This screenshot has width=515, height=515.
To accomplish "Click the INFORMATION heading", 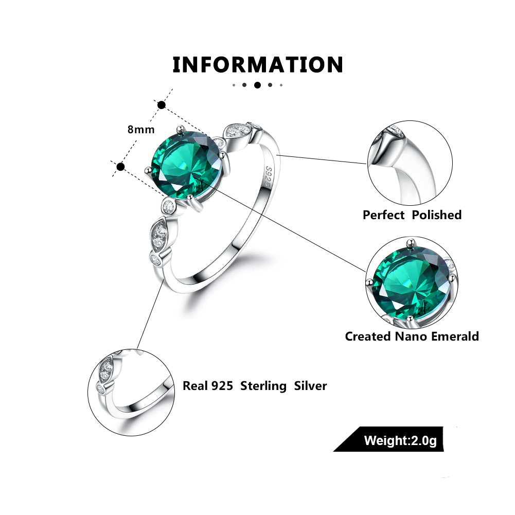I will pos(257,65).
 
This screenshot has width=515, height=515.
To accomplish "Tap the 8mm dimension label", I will pos(141,130).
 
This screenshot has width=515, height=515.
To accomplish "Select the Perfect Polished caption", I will pos(412,215).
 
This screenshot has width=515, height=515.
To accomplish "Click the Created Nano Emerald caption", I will pos(412,336).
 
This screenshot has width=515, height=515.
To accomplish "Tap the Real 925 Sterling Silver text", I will pos(255,386).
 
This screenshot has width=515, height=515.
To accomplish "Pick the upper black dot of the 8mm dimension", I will pos(162,105).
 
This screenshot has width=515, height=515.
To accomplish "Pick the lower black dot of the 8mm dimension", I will pos(121,166).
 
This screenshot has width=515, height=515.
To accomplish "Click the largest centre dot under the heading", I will pos(257,85).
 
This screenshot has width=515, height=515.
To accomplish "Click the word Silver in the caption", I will pos(310,386).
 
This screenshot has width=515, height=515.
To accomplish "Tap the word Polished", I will pos(436,215).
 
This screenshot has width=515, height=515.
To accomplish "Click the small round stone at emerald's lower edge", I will pos(167,206).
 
